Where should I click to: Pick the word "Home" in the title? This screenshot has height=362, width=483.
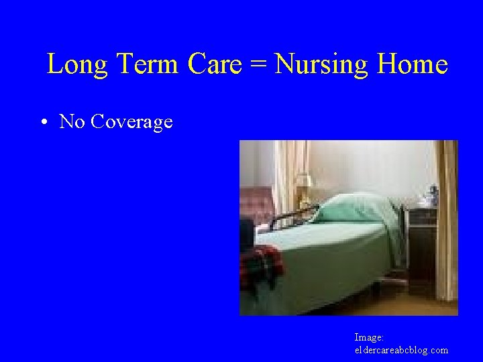point(412,64)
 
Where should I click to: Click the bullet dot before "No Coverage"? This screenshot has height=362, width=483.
point(42,122)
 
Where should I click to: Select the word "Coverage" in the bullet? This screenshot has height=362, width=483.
point(131,122)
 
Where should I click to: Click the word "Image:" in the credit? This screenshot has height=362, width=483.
point(369,338)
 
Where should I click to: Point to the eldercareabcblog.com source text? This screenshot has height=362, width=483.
point(401,350)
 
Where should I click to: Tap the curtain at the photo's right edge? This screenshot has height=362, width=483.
point(445,221)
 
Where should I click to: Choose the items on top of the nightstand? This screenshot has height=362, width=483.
point(425,196)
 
